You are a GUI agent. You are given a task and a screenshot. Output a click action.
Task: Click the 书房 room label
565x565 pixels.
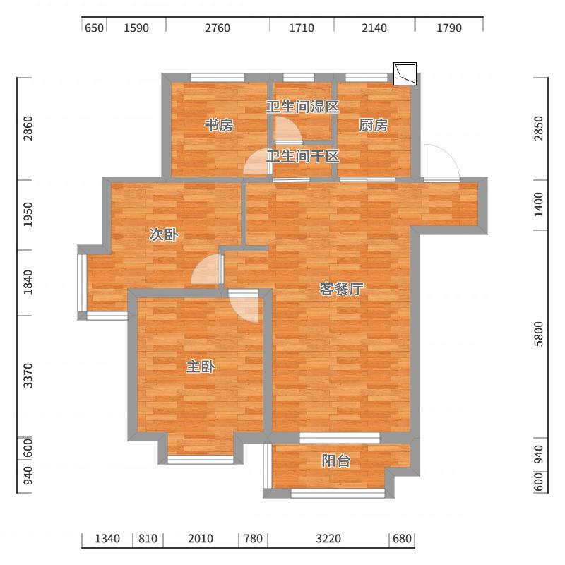click(219, 126)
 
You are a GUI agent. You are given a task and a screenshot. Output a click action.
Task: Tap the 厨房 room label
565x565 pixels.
click(374, 126)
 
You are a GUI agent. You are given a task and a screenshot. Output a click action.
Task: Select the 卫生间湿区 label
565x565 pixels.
click(303, 107)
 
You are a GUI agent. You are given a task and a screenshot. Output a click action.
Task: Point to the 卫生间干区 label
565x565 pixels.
click(303, 156)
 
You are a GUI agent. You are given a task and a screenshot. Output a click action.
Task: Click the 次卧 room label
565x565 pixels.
click(164, 235)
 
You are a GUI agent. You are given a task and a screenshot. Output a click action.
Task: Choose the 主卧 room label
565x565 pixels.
click(201, 367)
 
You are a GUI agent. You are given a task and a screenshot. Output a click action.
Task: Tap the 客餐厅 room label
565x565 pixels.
click(341, 289)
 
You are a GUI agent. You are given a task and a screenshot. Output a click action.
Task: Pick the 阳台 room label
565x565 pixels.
click(336, 460)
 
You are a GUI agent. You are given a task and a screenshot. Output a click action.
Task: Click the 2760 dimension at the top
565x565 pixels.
click(218, 28)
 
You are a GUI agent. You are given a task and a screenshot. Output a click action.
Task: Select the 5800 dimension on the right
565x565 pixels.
click(538, 333)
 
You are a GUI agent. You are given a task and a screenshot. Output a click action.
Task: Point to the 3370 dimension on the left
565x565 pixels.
click(28, 376)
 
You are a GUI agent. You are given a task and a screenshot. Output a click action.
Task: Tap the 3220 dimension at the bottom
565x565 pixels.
click(328, 539)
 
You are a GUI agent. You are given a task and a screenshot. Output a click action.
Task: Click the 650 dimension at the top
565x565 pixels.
click(94, 28)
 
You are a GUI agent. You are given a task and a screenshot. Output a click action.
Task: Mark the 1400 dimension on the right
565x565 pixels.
click(538, 205)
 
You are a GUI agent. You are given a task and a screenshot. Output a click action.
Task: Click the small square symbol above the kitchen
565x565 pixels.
click(405, 74)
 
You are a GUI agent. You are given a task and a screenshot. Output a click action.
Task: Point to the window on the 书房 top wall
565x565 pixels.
click(218, 78)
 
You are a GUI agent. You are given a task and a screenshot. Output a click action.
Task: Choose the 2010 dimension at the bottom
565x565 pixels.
click(201, 539)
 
